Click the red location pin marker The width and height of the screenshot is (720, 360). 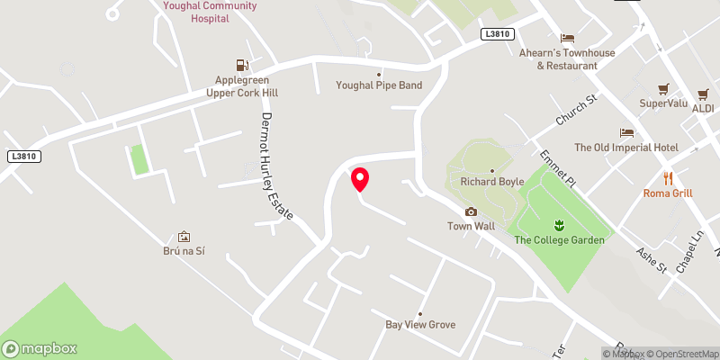[x=360, y=179]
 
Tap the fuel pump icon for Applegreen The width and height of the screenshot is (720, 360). [x=241, y=65]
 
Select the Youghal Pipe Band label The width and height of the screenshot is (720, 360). [x=379, y=85]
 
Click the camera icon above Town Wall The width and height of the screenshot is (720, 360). [x=471, y=212]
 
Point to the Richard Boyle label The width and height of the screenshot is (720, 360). [x=492, y=181]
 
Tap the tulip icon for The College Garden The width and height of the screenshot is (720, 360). [x=558, y=224]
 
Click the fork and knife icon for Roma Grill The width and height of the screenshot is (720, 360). [x=668, y=178]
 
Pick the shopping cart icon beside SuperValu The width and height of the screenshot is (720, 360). [x=663, y=89]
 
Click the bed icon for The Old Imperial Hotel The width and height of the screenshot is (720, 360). [x=627, y=133]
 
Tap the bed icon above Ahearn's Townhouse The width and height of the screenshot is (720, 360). [x=567, y=38]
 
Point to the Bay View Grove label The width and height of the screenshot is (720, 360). [x=420, y=324]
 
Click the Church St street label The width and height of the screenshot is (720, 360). [x=576, y=111]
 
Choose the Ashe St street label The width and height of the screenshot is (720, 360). [x=650, y=260]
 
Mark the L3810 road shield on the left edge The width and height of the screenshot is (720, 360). [x=24, y=156]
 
